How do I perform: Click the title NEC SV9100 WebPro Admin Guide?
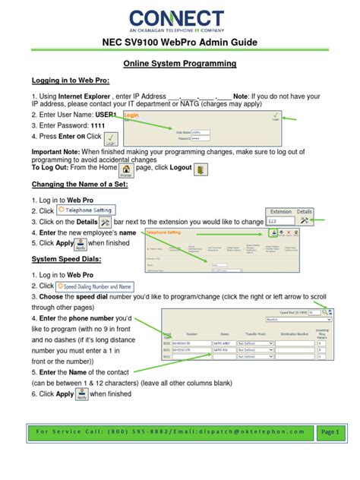[x=180, y=45]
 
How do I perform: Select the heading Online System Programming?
[x=180, y=64]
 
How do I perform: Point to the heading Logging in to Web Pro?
[x=71, y=80]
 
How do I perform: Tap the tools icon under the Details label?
[x=304, y=222]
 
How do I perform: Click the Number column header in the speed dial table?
[x=192, y=333]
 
